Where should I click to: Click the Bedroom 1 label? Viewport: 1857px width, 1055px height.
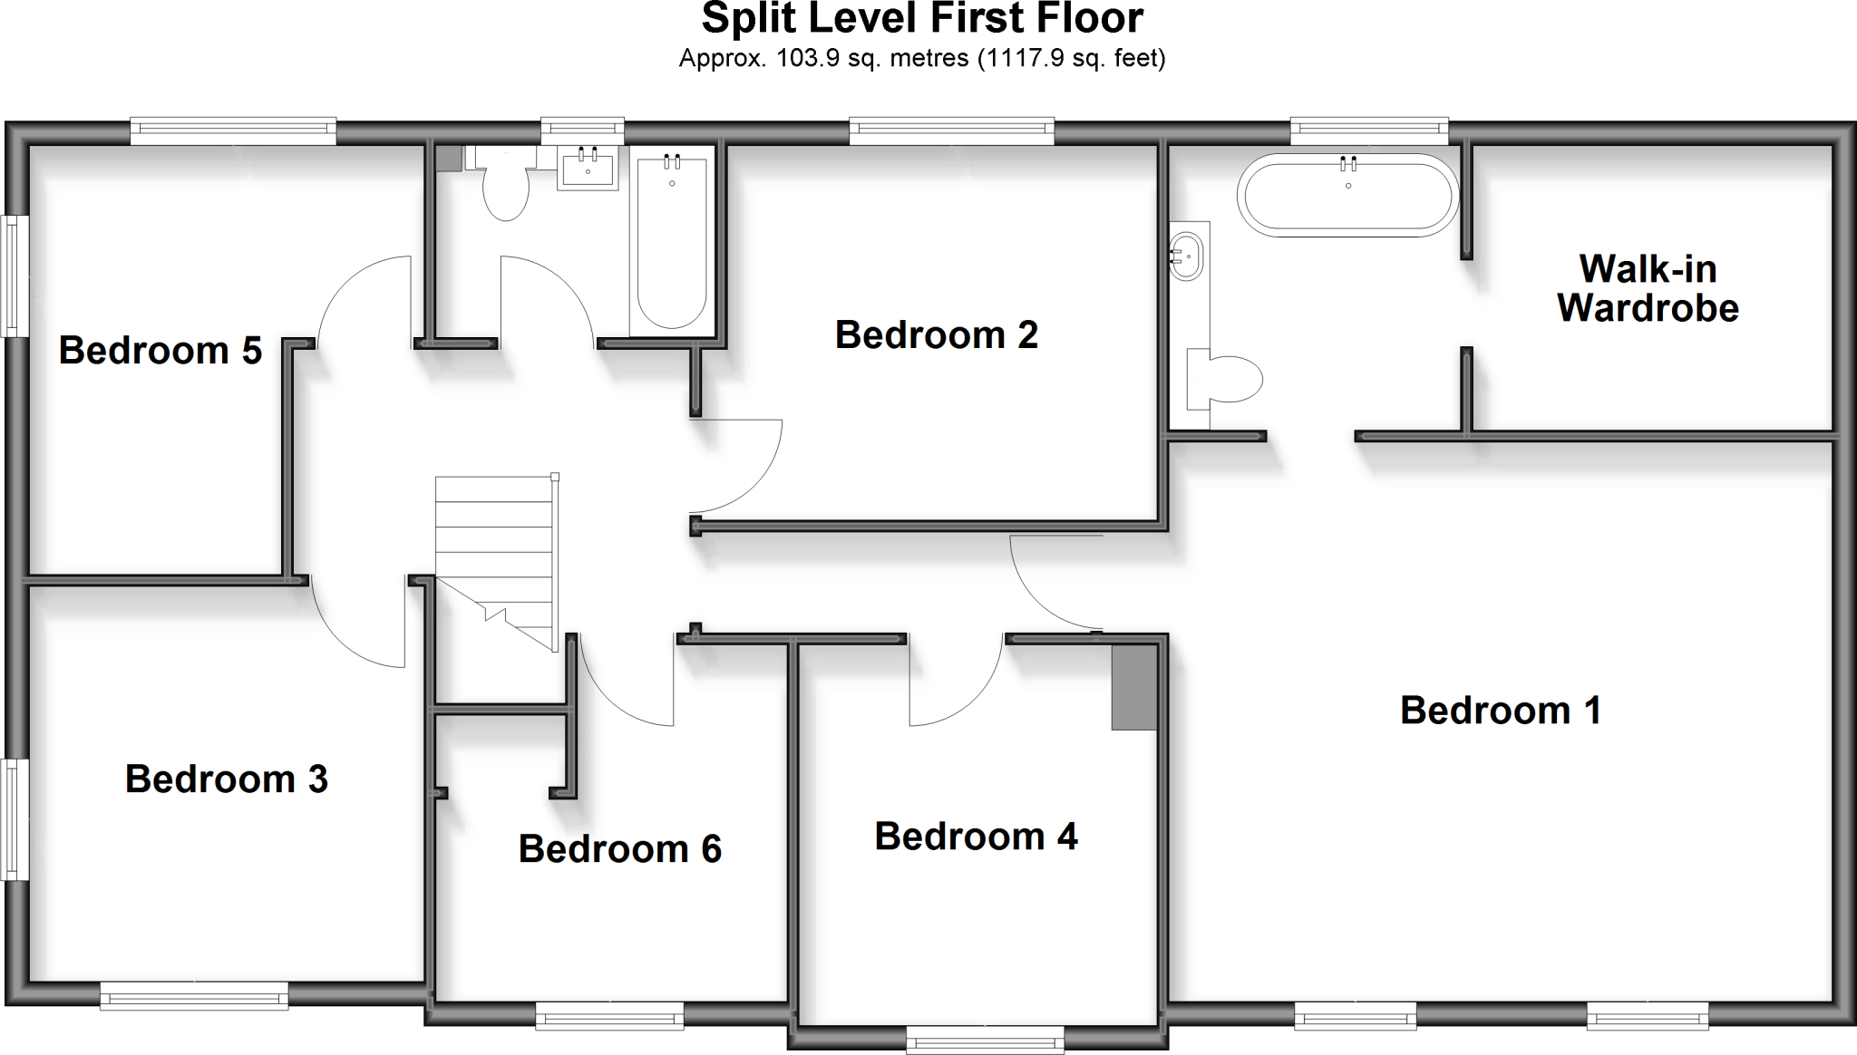1501,710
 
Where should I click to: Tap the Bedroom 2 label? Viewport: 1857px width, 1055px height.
936,334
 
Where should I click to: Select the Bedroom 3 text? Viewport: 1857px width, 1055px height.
226,779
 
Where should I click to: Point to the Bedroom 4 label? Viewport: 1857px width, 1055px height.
976,836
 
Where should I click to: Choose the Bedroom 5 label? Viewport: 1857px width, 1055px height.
160,350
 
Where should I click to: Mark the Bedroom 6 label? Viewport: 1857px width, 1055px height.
619,848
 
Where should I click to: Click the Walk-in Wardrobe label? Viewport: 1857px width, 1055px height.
1648,288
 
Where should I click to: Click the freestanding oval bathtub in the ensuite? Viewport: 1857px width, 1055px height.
1347,195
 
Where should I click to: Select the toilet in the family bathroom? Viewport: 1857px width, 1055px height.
503,185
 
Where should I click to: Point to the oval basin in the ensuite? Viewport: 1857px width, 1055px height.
1187,256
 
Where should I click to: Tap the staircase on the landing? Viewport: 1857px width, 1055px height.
494,553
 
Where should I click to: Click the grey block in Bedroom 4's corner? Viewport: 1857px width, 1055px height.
1134,687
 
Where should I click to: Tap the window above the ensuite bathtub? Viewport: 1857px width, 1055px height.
1368,131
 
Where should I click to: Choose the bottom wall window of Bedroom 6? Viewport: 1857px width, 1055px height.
609,1015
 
